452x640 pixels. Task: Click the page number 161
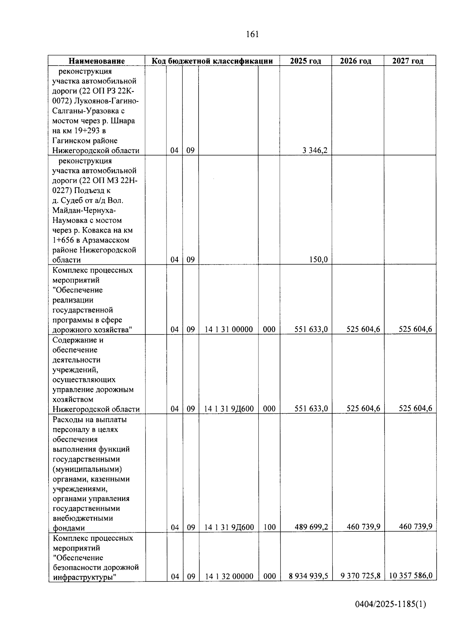252,34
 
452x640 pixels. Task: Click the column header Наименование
96,61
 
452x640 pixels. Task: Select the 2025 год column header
305,61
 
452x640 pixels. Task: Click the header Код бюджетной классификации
212,61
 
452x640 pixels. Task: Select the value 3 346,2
315,150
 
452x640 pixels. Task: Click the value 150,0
319,260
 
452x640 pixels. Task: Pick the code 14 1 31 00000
229,330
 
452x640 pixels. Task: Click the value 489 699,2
311,527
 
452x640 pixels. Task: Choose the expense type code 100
269,527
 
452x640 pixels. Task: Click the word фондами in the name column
69,528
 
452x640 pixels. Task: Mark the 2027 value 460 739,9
415,526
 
